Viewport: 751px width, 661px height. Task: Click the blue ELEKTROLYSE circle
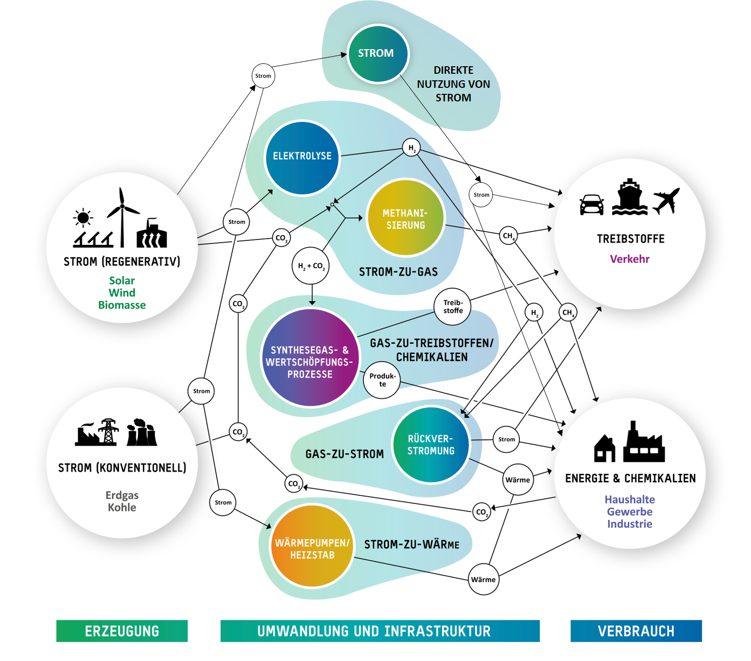(302, 157)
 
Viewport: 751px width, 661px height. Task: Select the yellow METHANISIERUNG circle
(406, 218)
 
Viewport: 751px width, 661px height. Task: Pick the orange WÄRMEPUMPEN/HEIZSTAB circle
(312, 547)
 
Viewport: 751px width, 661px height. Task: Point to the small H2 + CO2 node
(311, 266)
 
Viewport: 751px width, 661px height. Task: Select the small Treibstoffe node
(453, 307)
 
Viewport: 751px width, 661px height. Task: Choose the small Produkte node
(382, 380)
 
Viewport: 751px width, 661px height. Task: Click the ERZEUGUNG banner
(122, 631)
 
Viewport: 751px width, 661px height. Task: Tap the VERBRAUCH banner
(636, 631)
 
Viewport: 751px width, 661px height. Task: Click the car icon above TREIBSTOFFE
(592, 205)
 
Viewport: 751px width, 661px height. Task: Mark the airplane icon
(666, 201)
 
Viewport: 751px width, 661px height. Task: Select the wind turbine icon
(122, 217)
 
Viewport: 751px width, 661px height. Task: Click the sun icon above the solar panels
(83, 218)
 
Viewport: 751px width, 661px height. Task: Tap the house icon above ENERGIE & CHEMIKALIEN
(605, 448)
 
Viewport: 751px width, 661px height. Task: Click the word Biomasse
(122, 305)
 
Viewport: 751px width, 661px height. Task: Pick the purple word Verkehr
(630, 259)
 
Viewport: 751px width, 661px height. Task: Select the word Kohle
(122, 507)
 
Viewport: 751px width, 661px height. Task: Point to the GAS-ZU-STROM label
(344, 454)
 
